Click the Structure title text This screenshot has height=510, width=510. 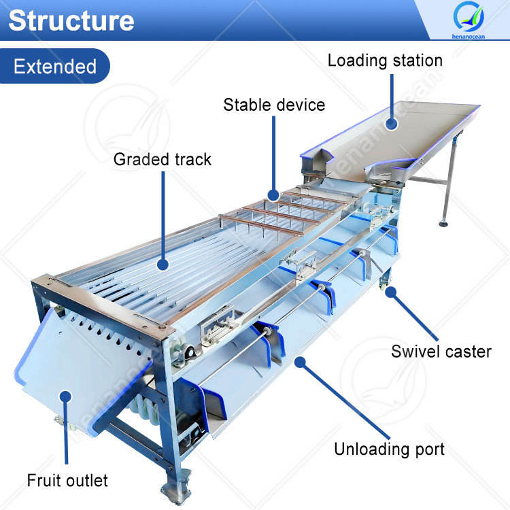click(x=71, y=20)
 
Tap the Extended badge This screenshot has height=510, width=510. click(x=54, y=67)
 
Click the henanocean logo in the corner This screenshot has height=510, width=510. click(x=469, y=21)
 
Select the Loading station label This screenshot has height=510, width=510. click(x=385, y=60)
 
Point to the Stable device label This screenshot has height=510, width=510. click(x=274, y=105)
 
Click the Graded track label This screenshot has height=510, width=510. click(x=162, y=160)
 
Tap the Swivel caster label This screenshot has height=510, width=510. click(x=441, y=352)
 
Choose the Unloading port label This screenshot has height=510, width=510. click(x=389, y=449)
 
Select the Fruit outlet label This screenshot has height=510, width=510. click(x=67, y=481)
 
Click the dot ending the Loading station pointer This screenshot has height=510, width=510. click(x=391, y=124)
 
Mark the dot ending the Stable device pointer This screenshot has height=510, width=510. click(x=274, y=194)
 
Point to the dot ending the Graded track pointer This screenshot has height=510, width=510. click(x=163, y=265)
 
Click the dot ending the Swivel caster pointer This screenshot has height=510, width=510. click(x=390, y=292)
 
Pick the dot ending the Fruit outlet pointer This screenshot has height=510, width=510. click(x=66, y=395)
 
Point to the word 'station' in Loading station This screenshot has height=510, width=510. click(x=414, y=60)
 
